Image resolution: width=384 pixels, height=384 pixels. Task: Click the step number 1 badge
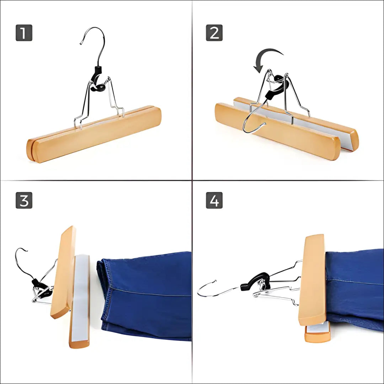[x=24, y=33]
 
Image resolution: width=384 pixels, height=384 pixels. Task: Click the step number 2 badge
[x=214, y=33]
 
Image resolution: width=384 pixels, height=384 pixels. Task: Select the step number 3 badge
[x=24, y=200]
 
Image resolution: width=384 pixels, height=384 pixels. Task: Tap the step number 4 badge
[x=214, y=200]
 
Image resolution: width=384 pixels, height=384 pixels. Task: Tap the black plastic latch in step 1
[x=97, y=80]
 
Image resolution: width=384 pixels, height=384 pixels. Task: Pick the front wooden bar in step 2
[x=277, y=132]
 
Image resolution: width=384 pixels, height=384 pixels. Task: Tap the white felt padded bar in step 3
[x=80, y=299]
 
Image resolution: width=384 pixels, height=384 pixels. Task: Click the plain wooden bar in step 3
[x=63, y=272]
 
